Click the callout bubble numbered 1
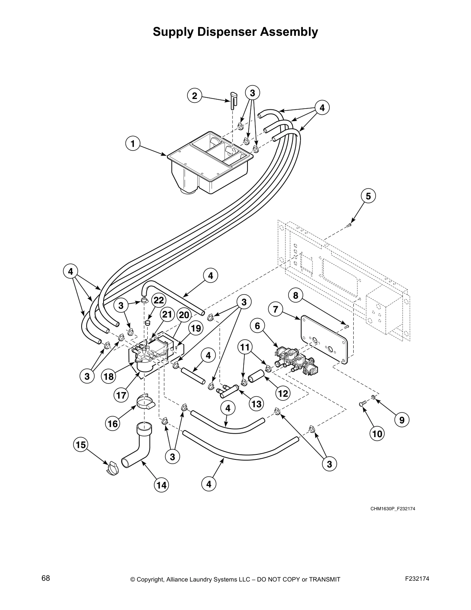point(133,144)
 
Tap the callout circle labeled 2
point(195,96)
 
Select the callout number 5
point(368,196)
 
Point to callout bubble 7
point(276,309)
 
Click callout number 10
point(377,434)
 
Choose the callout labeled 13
point(256,404)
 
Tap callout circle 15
point(81,445)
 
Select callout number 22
point(159,300)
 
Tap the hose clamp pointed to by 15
point(112,467)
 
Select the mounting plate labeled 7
point(325,339)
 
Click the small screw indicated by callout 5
point(349,225)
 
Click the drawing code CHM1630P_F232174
point(393,509)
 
